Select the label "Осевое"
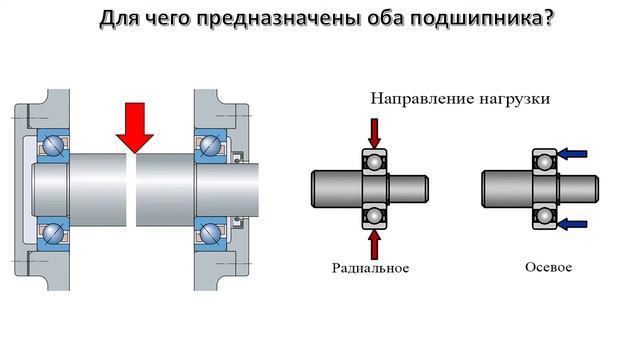pyautogui.click(x=547, y=267)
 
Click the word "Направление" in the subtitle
pyautogui.click(x=417, y=100)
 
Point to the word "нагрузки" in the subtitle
pyautogui.click(x=513, y=100)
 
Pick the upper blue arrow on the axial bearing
pyautogui.click(x=572, y=153)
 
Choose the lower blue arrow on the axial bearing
pyautogui.click(x=572, y=221)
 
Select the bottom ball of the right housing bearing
pyautogui.click(x=210, y=233)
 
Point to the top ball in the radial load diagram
pyautogui.click(x=374, y=161)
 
